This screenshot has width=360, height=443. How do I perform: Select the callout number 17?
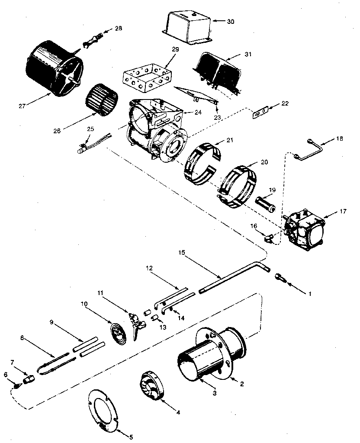point(344,212)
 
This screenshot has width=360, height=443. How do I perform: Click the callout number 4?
point(178,412)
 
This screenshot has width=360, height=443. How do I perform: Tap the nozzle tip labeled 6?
point(16,383)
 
